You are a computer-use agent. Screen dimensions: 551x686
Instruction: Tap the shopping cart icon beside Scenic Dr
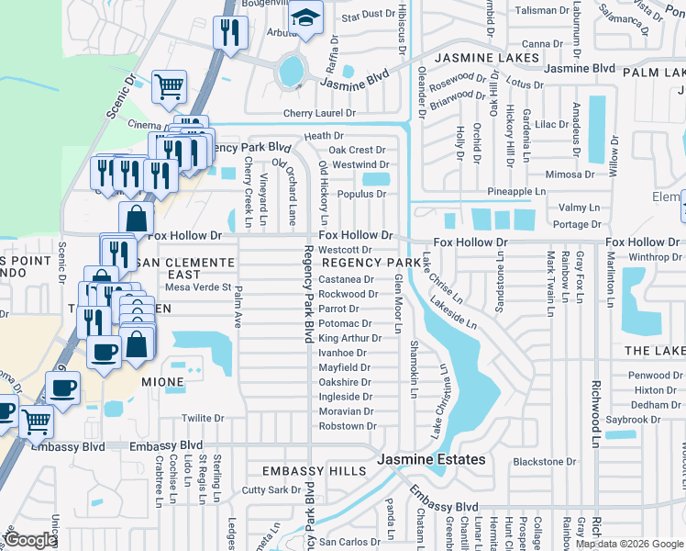pos(170,87)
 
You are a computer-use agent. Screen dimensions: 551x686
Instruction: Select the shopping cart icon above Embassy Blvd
pos(36,422)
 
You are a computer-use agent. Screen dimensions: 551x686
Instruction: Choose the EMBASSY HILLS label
pos(315,471)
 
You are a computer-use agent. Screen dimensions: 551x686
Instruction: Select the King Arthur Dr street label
pos(349,338)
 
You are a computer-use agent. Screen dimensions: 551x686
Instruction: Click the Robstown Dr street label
pos(348,426)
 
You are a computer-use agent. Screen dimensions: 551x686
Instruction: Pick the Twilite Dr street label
pos(203,418)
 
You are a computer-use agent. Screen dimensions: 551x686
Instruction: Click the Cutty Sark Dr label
pos(271,490)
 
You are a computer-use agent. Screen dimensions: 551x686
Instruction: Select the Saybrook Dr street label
pos(634,420)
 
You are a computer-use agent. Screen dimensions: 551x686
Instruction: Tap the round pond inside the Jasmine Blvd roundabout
pos(291,69)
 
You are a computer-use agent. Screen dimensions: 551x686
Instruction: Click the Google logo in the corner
pos(31,540)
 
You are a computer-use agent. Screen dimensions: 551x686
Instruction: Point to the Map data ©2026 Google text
pos(629,544)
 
